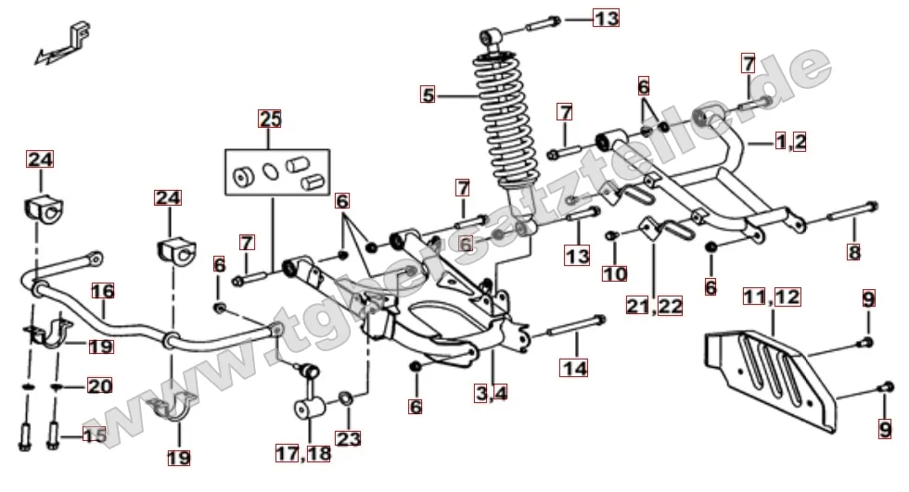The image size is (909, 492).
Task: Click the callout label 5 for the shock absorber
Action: [x=428, y=94]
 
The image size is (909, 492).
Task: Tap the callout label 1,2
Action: [x=790, y=141]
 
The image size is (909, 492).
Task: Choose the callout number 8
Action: [x=853, y=252]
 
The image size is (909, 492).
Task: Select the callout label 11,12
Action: [x=771, y=297]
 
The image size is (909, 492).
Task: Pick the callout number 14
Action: [x=573, y=368]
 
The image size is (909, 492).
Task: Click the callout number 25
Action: [x=270, y=119]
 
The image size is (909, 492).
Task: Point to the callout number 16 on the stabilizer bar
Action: [x=102, y=290]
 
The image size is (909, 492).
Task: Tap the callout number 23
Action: [x=349, y=437]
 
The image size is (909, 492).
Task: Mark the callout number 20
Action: [x=98, y=385]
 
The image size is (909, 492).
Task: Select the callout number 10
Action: [x=614, y=273]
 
